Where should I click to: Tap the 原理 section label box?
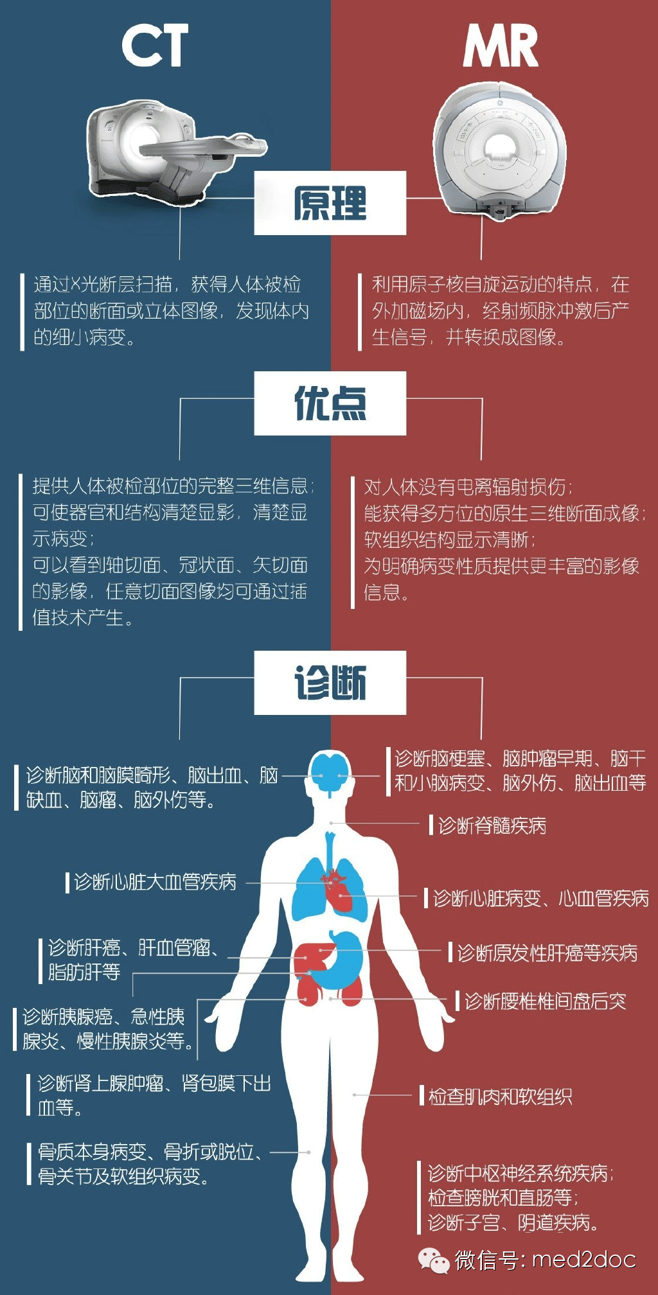coord(330,203)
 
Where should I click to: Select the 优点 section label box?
coord(330,403)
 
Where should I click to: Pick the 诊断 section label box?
coord(330,682)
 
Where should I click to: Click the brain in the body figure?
coord(330,773)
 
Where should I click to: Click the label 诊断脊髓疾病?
coord(492,825)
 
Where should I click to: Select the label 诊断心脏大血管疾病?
coord(155,882)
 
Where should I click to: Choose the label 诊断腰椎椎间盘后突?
coord(545,1001)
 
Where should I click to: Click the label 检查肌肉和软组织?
coord(500,1097)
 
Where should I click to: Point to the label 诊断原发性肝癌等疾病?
coord(547,953)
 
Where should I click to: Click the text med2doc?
coord(584,1260)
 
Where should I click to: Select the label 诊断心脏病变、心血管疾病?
coord(540,898)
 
